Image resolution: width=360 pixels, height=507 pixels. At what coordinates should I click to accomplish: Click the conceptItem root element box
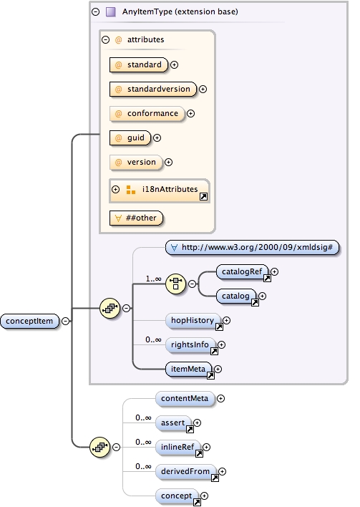click(30, 321)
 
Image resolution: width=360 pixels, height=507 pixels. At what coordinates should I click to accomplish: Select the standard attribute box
click(138, 64)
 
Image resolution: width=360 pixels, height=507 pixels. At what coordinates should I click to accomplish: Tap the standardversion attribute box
click(153, 90)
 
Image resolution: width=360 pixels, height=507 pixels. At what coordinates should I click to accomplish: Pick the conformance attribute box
click(147, 113)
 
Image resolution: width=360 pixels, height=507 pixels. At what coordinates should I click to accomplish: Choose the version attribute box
click(135, 162)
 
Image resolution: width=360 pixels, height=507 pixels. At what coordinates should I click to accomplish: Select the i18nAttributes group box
click(159, 190)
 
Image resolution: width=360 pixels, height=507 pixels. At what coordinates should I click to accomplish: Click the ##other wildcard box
click(135, 217)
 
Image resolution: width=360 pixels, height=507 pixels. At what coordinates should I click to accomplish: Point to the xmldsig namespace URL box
click(252, 247)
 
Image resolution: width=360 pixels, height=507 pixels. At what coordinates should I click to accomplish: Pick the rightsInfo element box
click(190, 345)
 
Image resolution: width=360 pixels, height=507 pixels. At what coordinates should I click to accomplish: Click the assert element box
click(172, 423)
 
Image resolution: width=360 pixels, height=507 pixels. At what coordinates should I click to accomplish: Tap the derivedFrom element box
click(185, 471)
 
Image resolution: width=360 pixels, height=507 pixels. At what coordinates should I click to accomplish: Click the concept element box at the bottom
click(177, 496)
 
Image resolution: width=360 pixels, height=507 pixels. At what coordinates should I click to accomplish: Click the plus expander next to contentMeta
click(220, 398)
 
